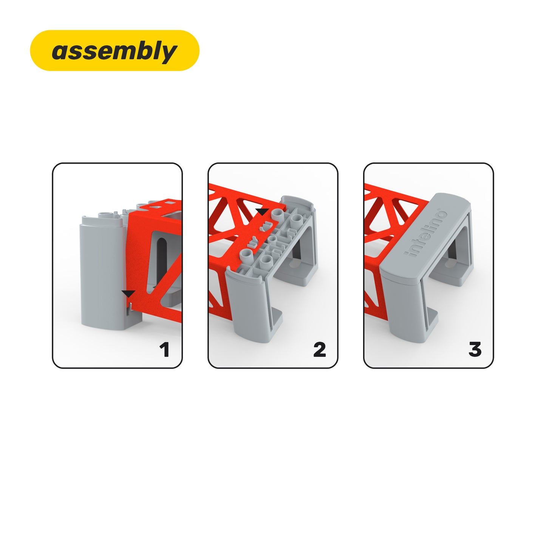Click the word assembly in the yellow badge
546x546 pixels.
(x=114, y=51)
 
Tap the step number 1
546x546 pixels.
(x=164, y=350)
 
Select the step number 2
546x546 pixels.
(x=320, y=350)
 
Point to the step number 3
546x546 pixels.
(x=475, y=350)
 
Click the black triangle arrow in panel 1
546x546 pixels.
(x=128, y=293)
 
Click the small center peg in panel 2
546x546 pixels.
(x=272, y=240)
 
